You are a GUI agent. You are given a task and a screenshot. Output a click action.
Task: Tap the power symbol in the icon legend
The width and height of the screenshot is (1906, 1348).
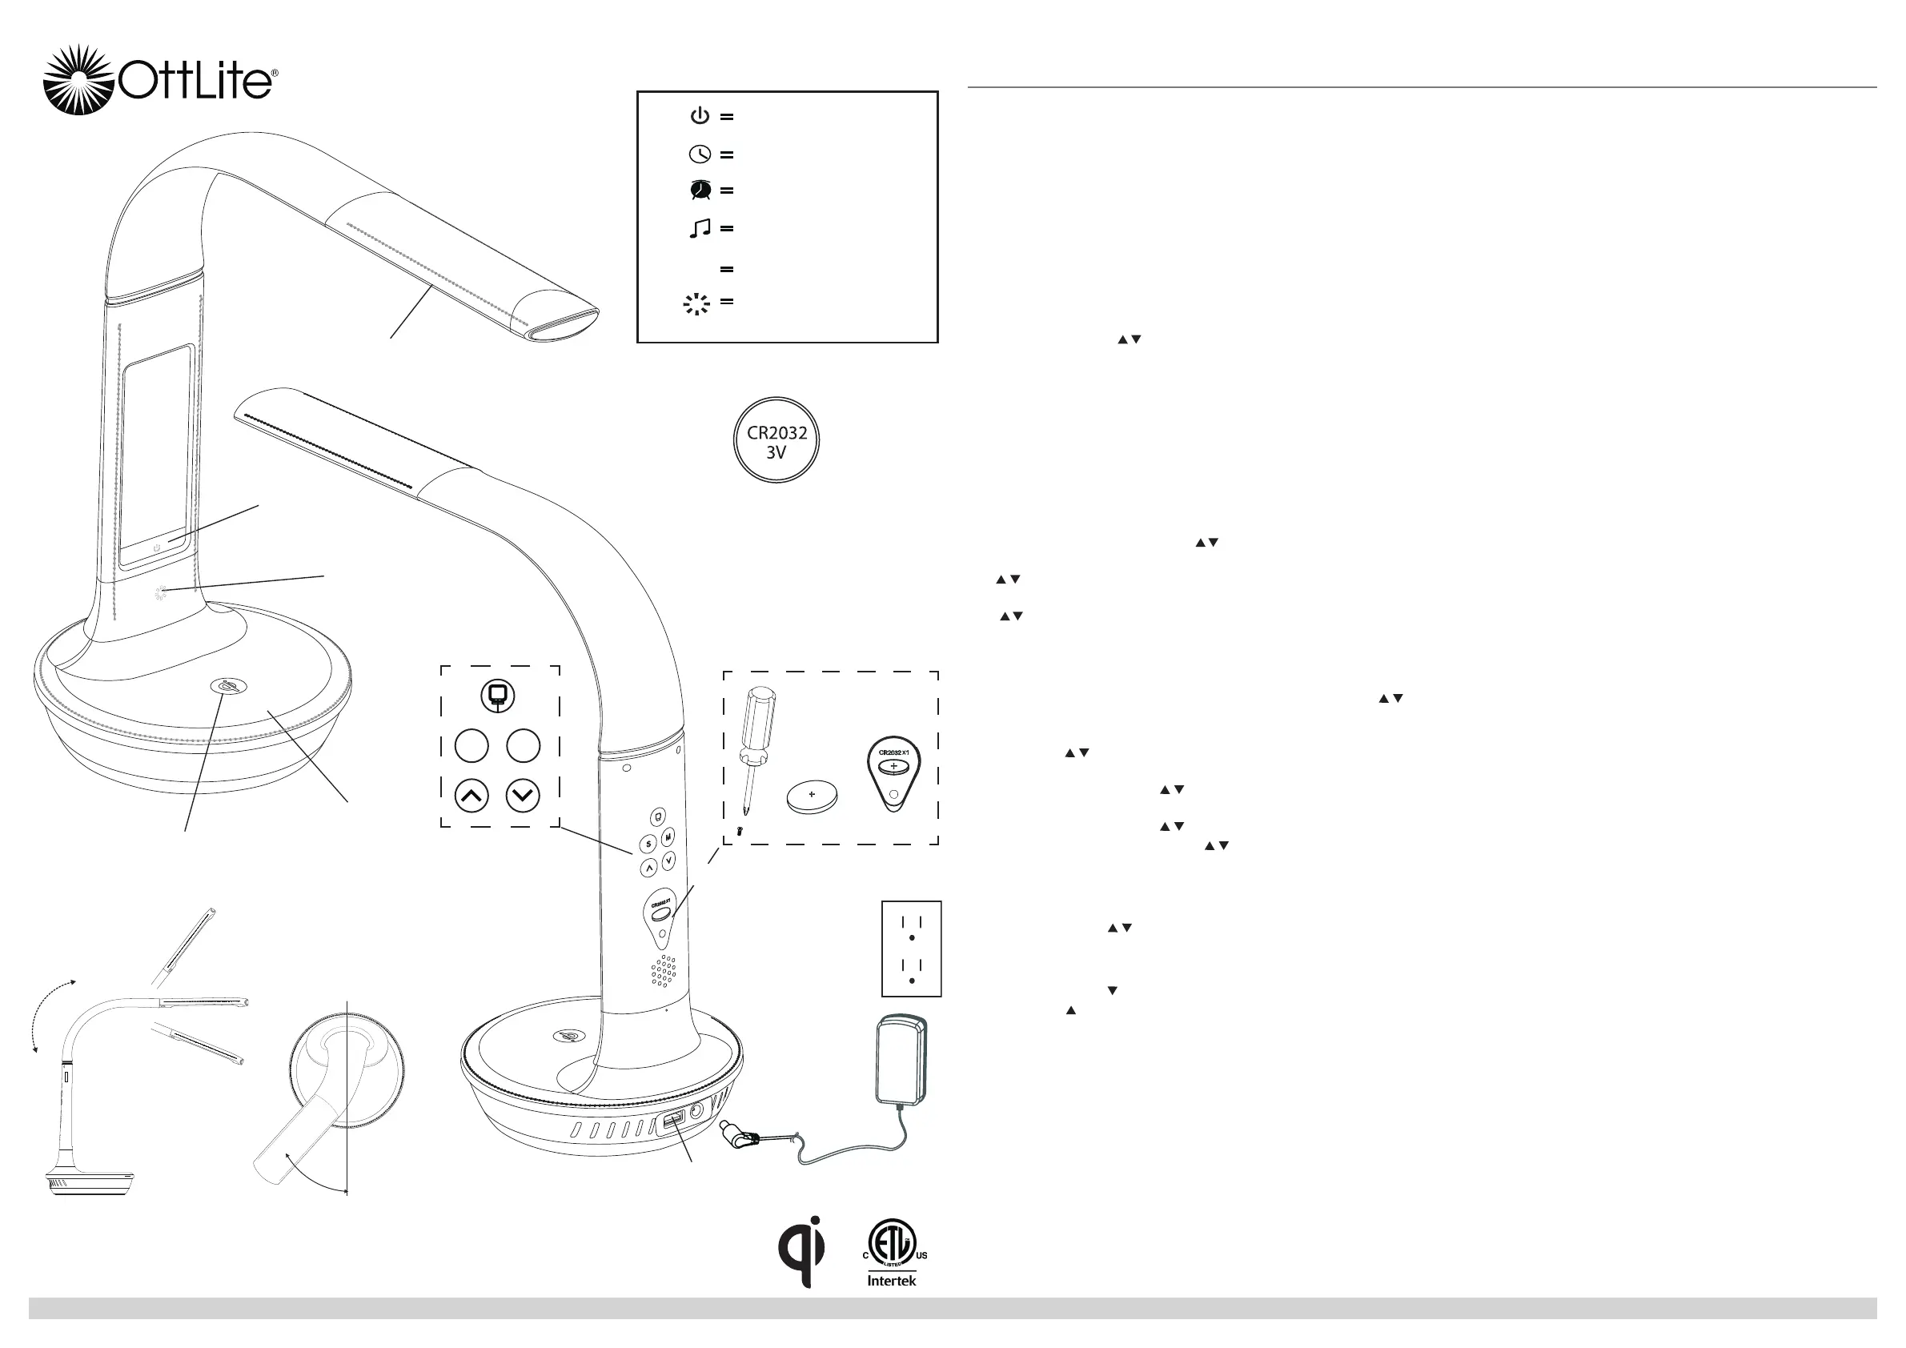pos(700,115)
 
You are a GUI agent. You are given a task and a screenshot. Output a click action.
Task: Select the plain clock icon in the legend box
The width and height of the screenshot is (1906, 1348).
pos(700,154)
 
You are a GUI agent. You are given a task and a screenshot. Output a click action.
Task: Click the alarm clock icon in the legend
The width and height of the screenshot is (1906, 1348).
pos(700,190)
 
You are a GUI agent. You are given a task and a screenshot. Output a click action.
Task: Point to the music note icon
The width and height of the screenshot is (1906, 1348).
pos(700,228)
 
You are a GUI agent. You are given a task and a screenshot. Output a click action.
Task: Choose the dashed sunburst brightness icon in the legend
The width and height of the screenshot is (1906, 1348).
pos(696,304)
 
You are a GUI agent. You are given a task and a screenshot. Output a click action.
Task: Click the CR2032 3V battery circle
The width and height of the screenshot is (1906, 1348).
pos(776,440)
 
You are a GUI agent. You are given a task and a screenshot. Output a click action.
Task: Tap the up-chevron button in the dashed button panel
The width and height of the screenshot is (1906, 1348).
pos(471,796)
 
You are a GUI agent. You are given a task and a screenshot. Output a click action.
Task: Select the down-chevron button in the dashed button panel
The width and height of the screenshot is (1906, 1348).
pos(523,796)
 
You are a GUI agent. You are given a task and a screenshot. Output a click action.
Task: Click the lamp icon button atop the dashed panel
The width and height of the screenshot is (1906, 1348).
pos(498,696)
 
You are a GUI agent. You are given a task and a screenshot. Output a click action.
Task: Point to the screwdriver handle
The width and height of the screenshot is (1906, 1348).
pos(757,718)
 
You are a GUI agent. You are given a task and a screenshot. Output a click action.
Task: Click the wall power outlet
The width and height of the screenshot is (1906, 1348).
pos(912,948)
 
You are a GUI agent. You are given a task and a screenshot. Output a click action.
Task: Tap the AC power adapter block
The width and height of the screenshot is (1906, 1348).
pos(901,1060)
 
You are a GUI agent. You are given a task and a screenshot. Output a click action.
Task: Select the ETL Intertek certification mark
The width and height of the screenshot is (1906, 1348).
pos(893,1252)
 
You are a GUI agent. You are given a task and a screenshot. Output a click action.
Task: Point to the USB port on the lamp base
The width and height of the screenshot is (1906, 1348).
pos(671,1124)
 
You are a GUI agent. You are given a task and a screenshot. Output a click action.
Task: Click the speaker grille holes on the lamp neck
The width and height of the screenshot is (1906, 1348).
pos(664,971)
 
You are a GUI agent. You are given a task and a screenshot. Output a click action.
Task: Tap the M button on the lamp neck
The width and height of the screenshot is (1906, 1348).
pos(668,838)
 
